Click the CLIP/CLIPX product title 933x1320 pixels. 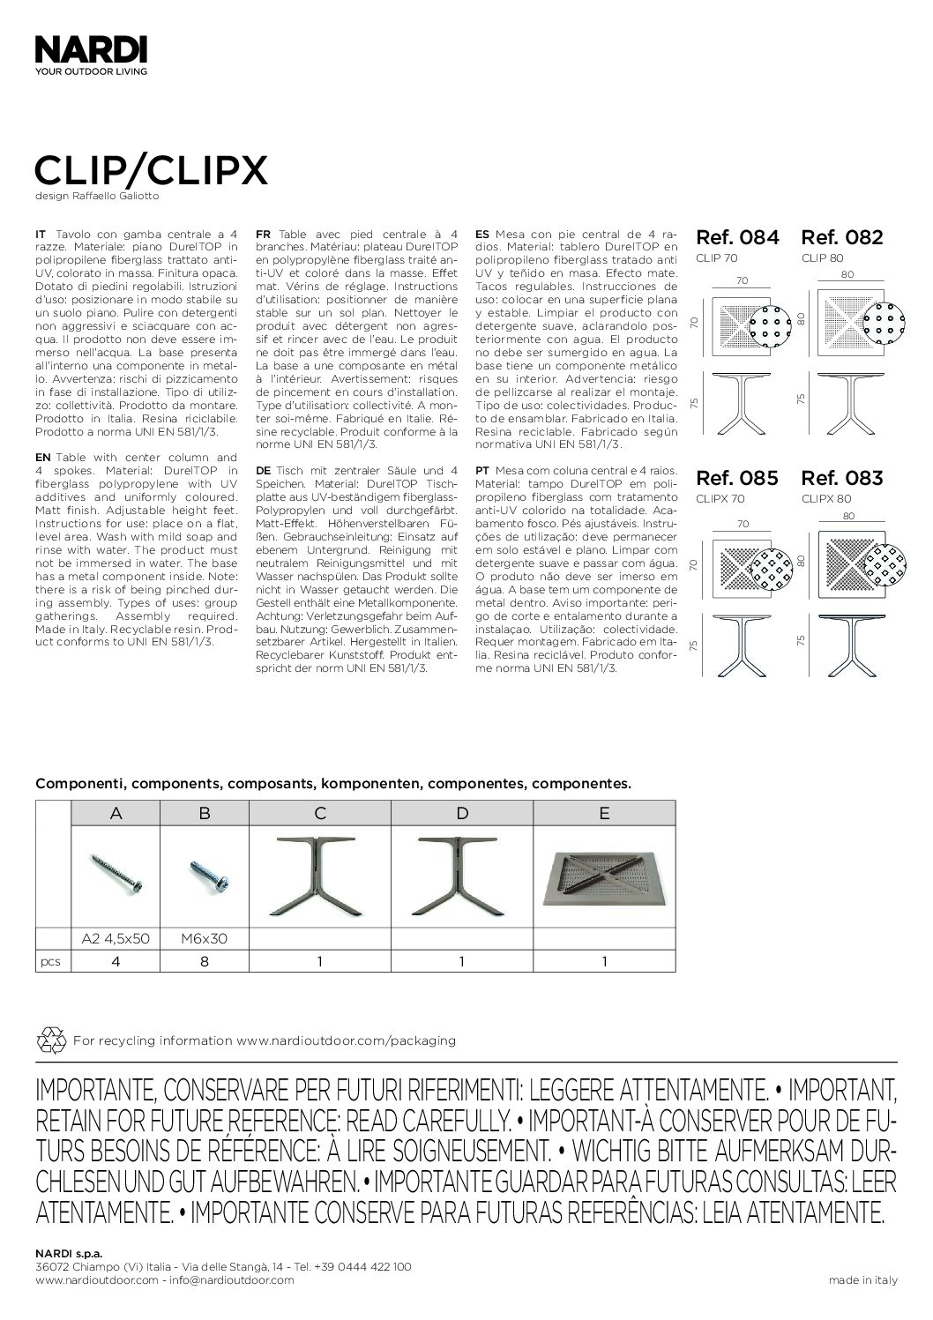(151, 171)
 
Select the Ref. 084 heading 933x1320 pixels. (738, 237)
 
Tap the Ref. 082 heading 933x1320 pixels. (841, 237)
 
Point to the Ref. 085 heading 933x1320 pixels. (737, 478)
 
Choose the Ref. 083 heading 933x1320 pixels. (841, 478)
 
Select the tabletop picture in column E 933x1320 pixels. (604, 876)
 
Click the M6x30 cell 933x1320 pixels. (205, 938)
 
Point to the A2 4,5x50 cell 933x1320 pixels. (116, 938)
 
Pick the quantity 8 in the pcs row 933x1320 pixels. (205, 961)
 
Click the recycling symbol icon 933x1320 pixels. (50, 1040)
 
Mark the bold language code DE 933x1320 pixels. (262, 470)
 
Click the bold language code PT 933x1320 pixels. (481, 470)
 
